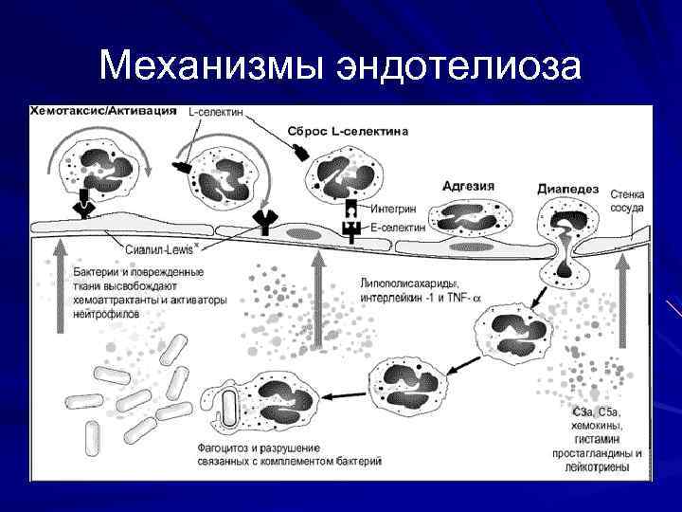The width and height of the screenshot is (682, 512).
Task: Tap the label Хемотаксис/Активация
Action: pos(103,112)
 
